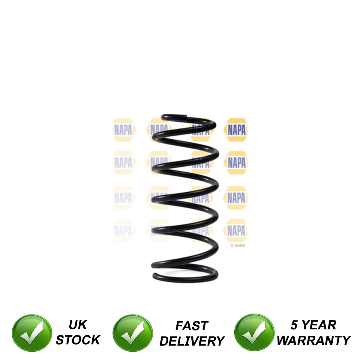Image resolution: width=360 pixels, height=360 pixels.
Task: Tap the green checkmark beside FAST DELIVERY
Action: (x=132, y=333)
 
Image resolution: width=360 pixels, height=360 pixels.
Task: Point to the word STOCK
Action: (x=78, y=340)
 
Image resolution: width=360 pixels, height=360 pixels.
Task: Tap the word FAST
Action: (x=192, y=326)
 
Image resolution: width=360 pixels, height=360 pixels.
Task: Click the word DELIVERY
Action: (x=192, y=341)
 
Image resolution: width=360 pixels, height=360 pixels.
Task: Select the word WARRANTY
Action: (x=313, y=340)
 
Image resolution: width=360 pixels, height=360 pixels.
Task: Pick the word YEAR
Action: (x=319, y=325)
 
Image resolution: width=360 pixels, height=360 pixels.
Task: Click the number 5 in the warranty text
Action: (x=294, y=325)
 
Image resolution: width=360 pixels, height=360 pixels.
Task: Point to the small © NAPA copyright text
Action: (x=238, y=245)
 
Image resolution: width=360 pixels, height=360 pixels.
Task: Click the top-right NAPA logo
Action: (x=236, y=130)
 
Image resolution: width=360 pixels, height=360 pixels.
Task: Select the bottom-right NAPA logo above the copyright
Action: (x=236, y=231)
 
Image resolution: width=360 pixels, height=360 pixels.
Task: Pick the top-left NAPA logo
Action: (x=123, y=130)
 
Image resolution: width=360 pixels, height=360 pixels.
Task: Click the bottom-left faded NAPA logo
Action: (x=123, y=231)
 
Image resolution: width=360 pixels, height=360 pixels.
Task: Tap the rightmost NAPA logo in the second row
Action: (x=236, y=163)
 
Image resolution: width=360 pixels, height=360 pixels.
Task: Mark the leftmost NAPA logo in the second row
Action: (x=123, y=163)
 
